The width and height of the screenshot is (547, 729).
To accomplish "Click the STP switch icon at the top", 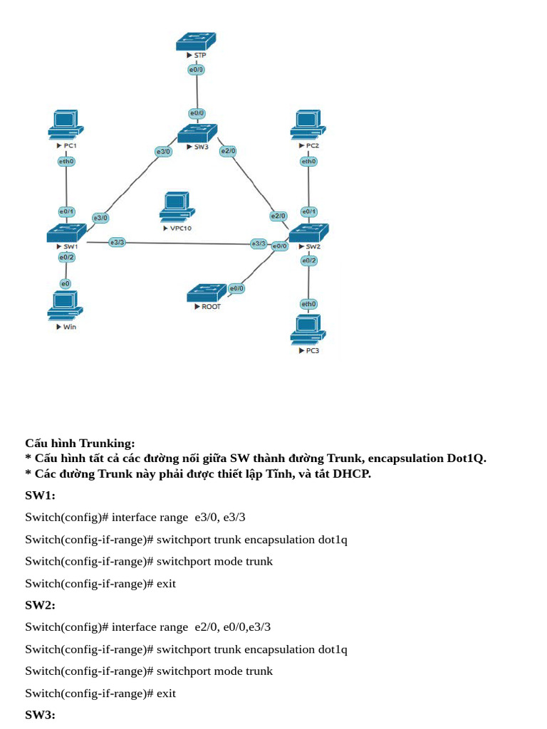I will pyautogui.click(x=196, y=41).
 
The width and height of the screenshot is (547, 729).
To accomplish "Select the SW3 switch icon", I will pyautogui.click(x=197, y=132).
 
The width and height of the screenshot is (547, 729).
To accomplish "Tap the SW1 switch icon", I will pyautogui.click(x=66, y=232).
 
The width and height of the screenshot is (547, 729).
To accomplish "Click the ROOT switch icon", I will pyautogui.click(x=207, y=293).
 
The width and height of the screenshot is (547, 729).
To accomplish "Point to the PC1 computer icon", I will pyautogui.click(x=66, y=125).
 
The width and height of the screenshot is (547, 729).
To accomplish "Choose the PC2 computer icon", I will pyautogui.click(x=308, y=125).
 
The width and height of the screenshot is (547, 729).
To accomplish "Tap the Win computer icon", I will pyautogui.click(x=66, y=305).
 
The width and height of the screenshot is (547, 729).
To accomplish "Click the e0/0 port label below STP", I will pyautogui.click(x=197, y=70).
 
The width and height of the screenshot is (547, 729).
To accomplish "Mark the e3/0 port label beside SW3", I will pyautogui.click(x=163, y=152).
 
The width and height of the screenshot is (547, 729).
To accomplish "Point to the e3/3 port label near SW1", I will pyautogui.click(x=117, y=243).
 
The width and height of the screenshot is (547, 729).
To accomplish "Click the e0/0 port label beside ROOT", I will pyautogui.click(x=236, y=288).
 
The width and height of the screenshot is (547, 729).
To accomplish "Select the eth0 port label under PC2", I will pyautogui.click(x=308, y=162).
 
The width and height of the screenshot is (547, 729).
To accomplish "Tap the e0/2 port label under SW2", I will pyautogui.click(x=308, y=261).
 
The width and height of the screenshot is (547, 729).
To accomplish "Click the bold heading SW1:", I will pyautogui.click(x=40, y=495).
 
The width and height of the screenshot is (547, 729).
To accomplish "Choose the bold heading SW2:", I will pyautogui.click(x=40, y=605).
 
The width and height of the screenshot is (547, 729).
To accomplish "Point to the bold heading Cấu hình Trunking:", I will pyautogui.click(x=80, y=444).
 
